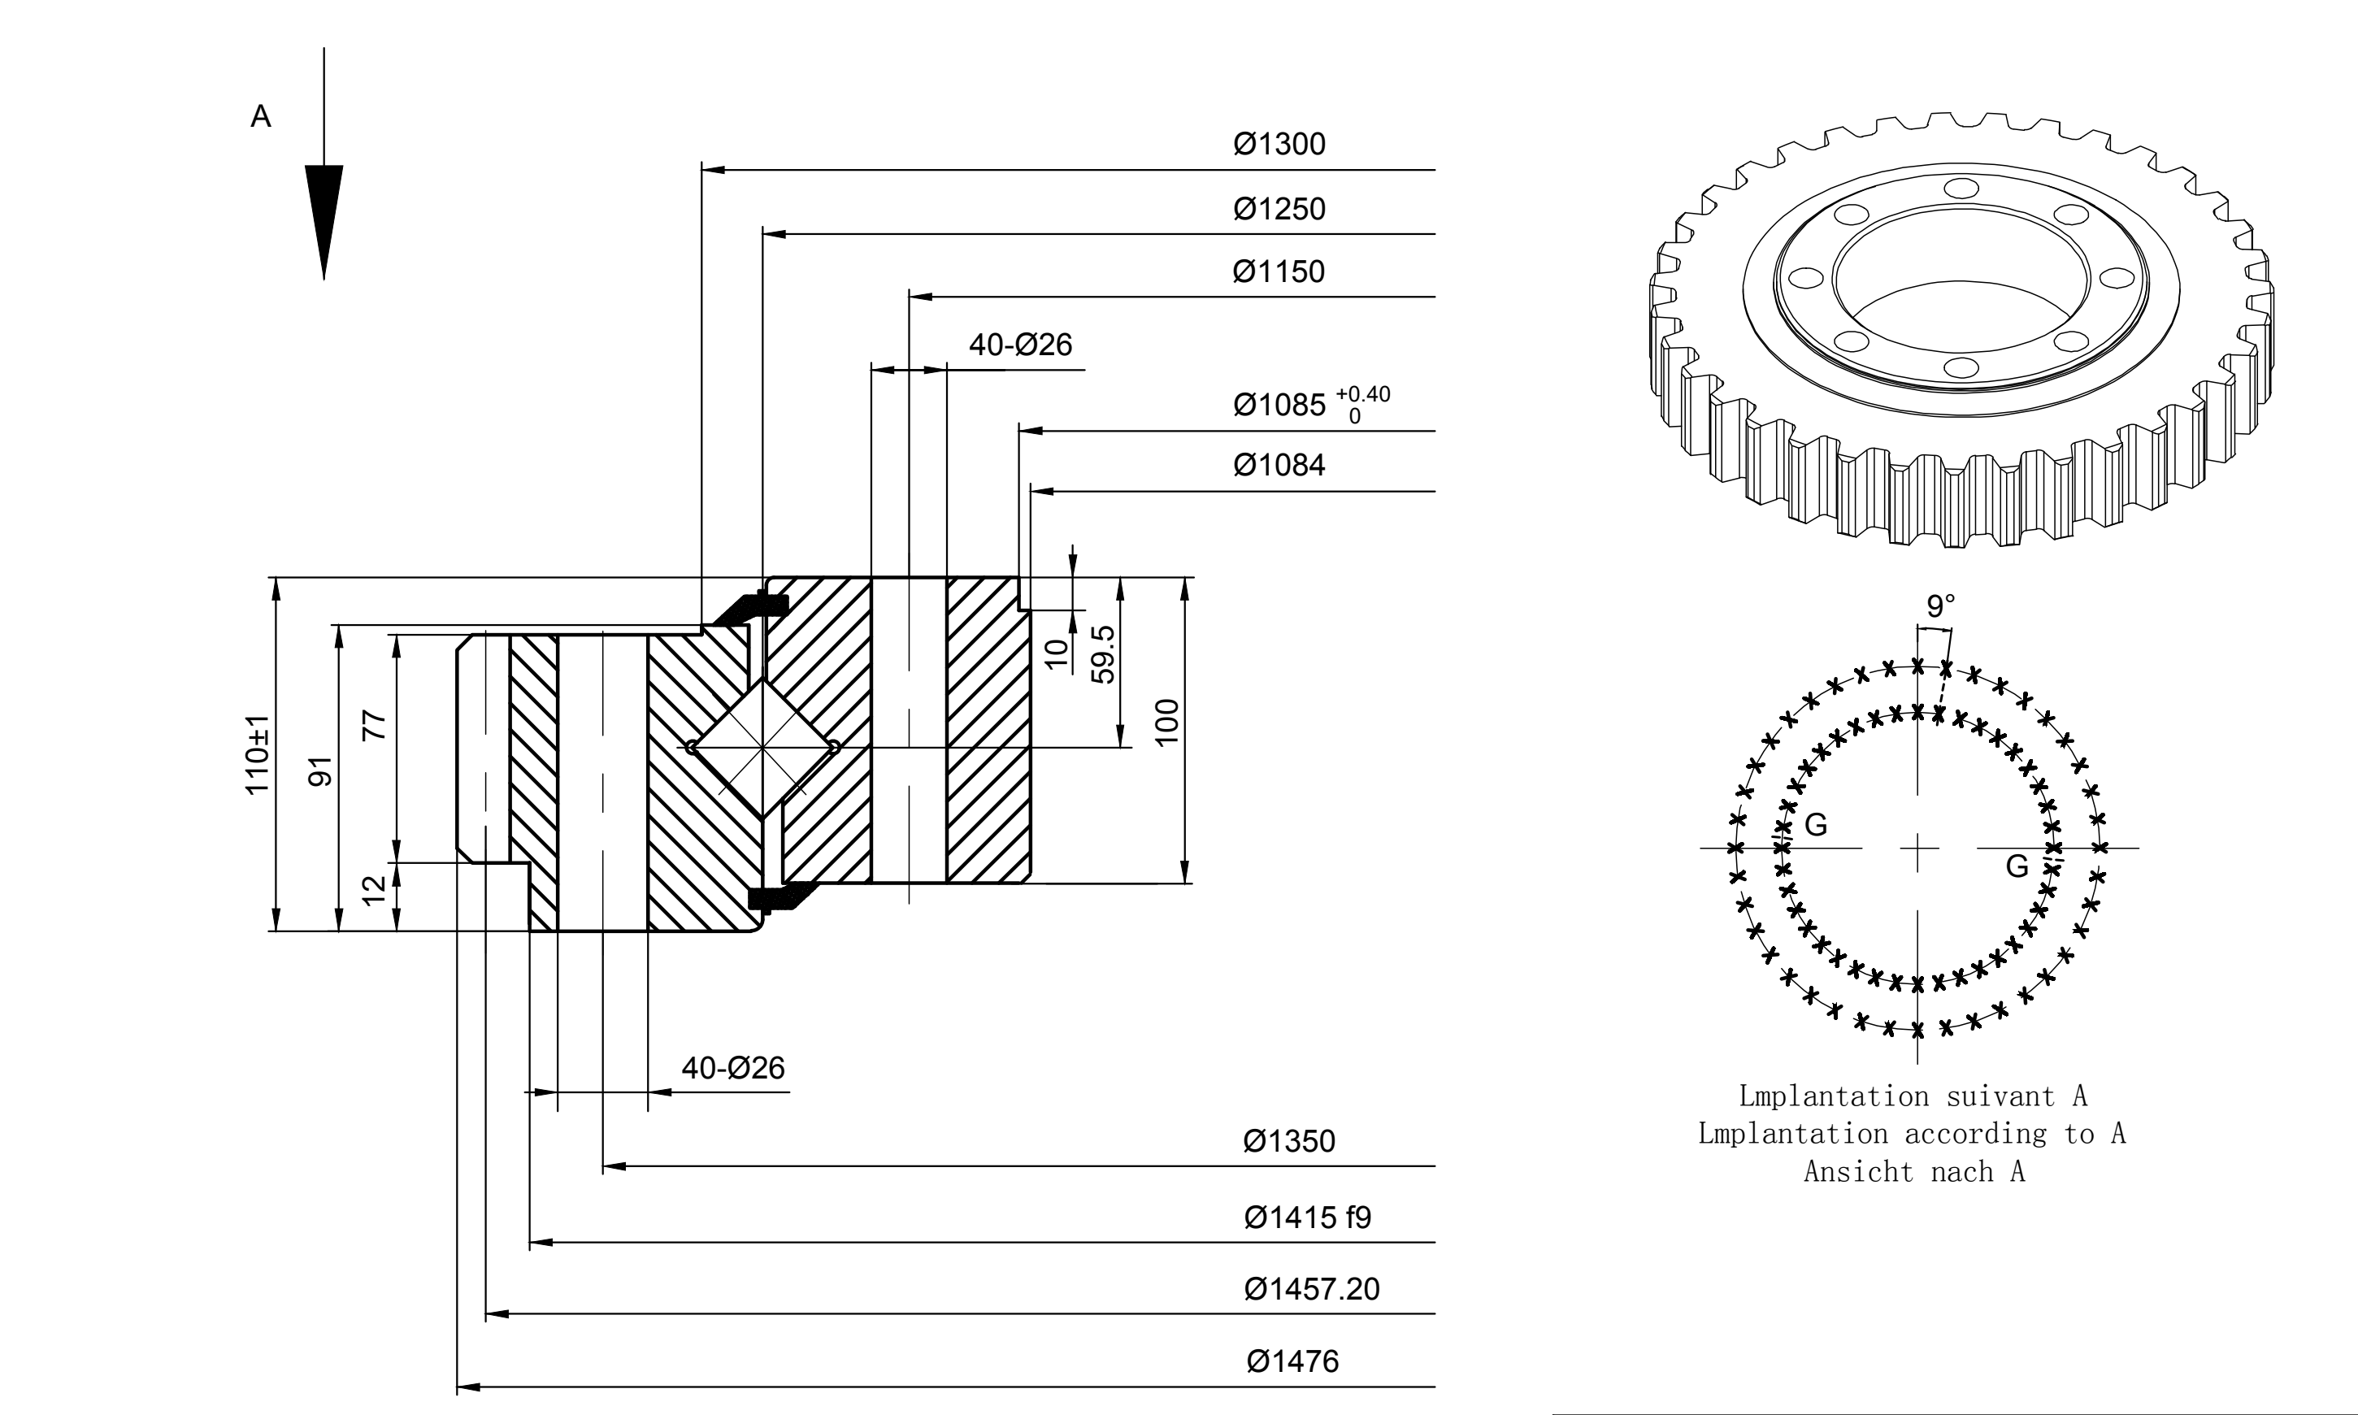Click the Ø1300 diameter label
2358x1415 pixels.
tap(1279, 144)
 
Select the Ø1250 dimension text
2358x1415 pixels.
tap(1279, 209)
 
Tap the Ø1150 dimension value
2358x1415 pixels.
tap(1279, 271)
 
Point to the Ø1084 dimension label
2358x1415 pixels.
tap(1279, 466)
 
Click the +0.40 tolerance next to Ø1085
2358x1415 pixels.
tap(1362, 394)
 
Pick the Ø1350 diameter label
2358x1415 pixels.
tap(1289, 1141)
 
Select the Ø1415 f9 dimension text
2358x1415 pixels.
tap(1307, 1218)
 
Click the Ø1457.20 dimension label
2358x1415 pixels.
tap(1312, 1289)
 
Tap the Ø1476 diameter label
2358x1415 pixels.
tap(1293, 1361)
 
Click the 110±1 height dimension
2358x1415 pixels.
tap(258, 754)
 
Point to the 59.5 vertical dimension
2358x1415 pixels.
tap(1102, 654)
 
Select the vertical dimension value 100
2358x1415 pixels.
tap(1167, 722)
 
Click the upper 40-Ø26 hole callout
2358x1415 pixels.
tap(1020, 345)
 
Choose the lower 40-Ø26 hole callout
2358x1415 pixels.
tap(733, 1068)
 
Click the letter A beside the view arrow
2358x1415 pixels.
tap(260, 116)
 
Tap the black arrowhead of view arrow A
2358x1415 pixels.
tap(324, 222)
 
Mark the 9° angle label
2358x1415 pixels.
tap(1940, 605)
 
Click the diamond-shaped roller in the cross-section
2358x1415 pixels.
tap(762, 748)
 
